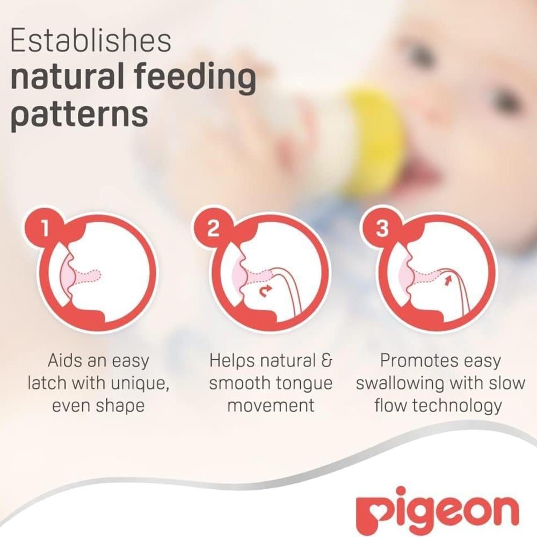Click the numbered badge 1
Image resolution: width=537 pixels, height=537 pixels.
pyautogui.click(x=45, y=228)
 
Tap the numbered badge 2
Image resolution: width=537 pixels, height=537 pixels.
pyautogui.click(x=213, y=228)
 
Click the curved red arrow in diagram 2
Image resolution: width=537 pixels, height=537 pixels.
pyautogui.click(x=265, y=291)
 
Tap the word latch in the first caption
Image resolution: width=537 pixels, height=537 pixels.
pyautogui.click(x=47, y=383)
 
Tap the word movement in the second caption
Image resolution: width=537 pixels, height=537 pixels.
pyautogui.click(x=271, y=406)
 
